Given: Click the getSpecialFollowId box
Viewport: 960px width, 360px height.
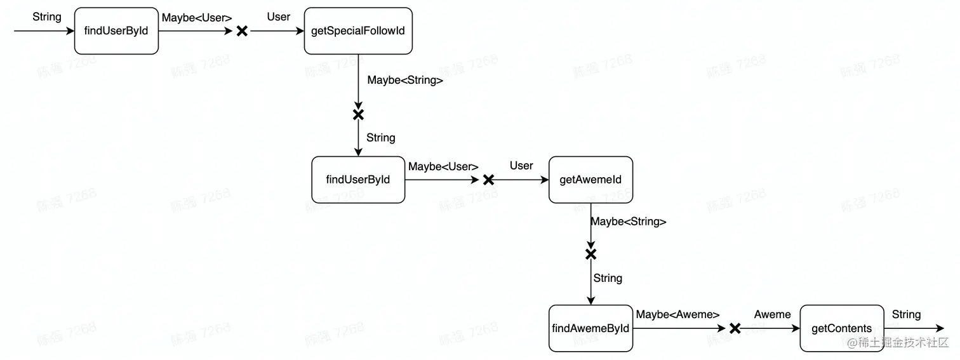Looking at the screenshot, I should [358, 31].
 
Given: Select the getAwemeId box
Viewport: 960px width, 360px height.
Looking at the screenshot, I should [590, 180].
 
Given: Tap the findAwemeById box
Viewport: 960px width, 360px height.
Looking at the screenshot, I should [590, 328].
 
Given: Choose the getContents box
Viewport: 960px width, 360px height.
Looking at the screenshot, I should [841, 328].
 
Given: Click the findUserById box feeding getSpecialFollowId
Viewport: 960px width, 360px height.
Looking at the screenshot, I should [116, 31].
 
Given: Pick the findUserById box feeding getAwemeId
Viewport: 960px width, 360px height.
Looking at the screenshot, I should [358, 180].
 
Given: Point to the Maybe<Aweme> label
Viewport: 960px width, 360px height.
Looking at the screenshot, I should [677, 314].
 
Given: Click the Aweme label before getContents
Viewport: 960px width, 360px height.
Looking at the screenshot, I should [772, 314].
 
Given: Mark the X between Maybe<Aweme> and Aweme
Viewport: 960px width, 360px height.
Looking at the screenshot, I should [735, 328].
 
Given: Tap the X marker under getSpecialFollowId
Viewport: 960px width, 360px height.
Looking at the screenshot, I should [358, 115].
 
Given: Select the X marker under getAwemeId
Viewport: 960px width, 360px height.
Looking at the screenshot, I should [590, 254].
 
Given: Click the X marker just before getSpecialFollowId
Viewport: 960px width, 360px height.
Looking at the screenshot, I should [242, 31].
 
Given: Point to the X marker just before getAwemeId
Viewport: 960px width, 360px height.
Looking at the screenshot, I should [488, 180].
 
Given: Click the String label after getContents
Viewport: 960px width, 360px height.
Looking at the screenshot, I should [906, 314].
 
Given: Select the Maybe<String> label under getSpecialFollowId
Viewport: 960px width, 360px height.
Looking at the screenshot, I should [405, 81].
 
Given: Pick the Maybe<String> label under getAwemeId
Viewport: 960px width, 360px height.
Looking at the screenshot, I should [629, 222].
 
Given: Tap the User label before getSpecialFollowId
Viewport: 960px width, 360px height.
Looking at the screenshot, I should [278, 17].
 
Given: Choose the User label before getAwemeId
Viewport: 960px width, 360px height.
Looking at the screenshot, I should [521, 166].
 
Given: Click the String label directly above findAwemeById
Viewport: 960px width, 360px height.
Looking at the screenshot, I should [608, 278].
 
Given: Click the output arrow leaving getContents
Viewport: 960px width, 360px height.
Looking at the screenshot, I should [914, 328].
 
